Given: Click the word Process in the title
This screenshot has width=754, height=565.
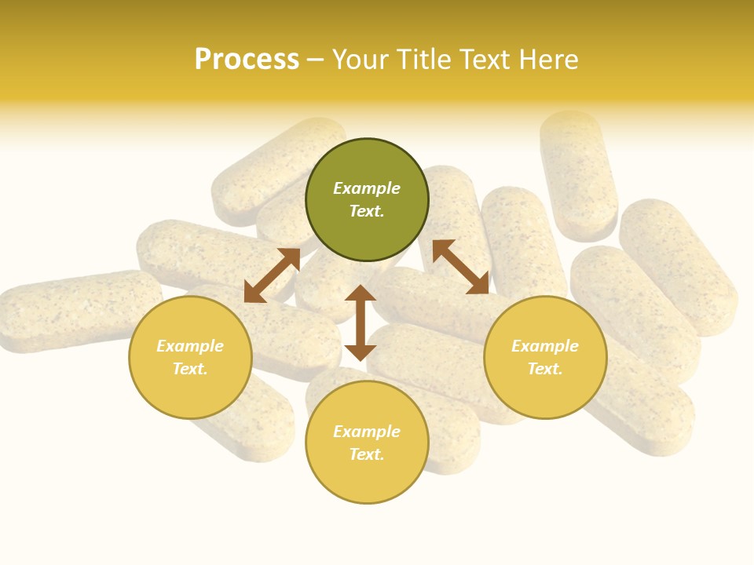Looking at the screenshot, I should pos(247,60).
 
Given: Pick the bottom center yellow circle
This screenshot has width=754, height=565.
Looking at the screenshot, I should pos(367,479).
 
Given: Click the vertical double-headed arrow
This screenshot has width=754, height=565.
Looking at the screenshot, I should pos(361,323).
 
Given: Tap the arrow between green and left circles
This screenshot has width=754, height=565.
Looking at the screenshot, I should pos(272,275).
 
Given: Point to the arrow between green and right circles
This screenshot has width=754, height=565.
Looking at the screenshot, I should pos(460,267).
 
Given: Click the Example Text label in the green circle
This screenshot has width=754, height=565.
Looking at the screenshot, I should pos(367,199).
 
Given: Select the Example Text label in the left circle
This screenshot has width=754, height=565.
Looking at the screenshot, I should pos(190,357).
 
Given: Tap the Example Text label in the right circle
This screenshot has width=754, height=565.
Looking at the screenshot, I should pos(545,357).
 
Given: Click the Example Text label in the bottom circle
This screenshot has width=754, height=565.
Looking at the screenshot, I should pos(367,443).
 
